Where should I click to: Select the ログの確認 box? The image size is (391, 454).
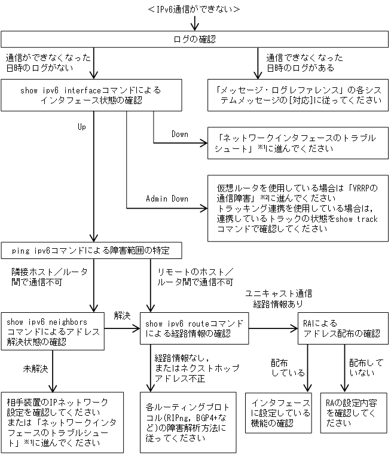[195, 39]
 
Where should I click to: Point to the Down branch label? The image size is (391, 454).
[179, 134]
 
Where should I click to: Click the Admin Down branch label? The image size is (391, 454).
[167, 199]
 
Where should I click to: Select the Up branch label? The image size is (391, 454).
[82, 127]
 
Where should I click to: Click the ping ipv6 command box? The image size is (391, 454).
[91, 249]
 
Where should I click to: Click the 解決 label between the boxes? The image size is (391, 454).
[123, 314]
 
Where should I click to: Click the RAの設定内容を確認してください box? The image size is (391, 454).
[353, 413]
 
